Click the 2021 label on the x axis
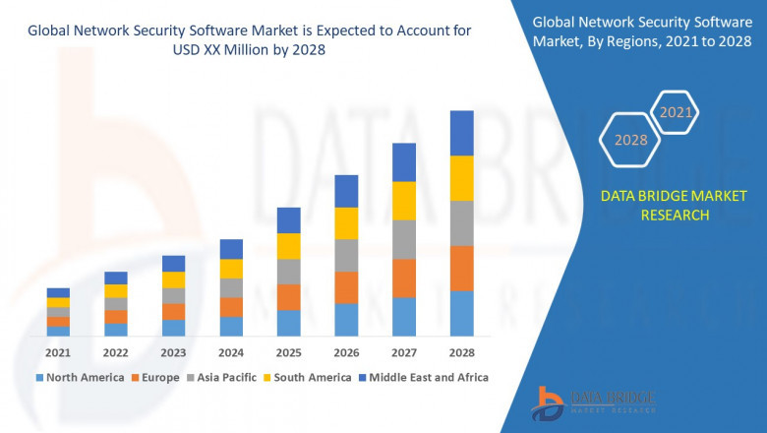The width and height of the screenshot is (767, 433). point(58,352)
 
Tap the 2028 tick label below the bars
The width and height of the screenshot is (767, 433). point(461,352)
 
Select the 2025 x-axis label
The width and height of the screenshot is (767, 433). point(288,352)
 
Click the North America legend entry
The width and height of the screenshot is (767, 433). point(80,377)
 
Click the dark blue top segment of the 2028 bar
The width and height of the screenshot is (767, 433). point(461,133)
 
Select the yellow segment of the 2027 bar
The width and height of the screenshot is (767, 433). point(404,201)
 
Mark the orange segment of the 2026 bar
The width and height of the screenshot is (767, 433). point(346,287)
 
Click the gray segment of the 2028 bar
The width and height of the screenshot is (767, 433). point(461,223)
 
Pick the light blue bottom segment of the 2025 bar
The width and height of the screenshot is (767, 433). point(288,323)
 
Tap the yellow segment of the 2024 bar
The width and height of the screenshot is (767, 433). point(231,269)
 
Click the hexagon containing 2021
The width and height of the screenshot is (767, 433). point(676,113)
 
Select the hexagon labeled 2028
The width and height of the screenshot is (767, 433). point(630,141)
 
